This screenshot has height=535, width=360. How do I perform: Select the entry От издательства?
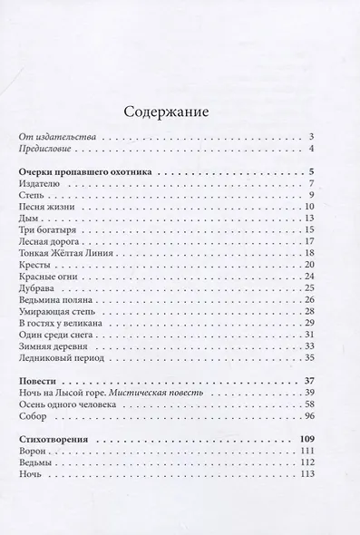(x=59, y=135)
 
